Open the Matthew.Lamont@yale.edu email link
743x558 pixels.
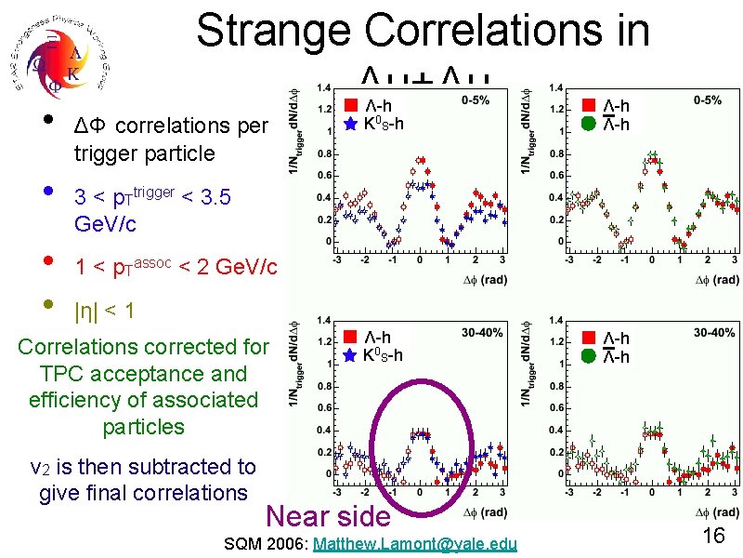(417, 543)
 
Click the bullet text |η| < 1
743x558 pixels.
(104, 312)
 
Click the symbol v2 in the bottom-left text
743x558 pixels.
(43, 467)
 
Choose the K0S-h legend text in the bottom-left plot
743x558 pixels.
(384, 354)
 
